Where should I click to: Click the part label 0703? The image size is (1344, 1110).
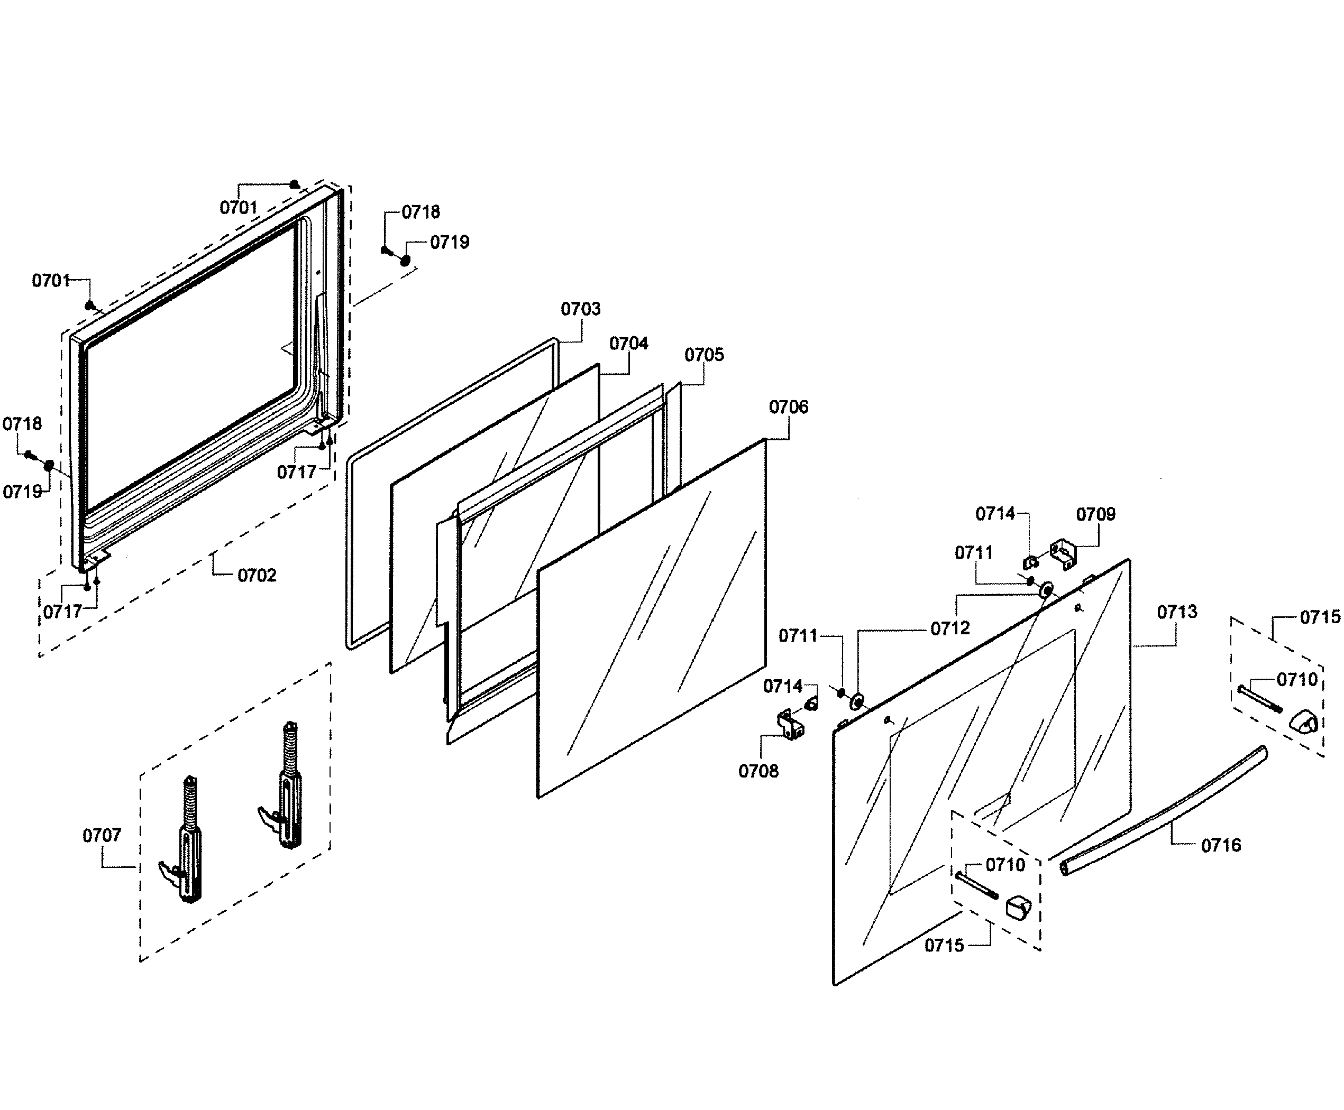(580, 309)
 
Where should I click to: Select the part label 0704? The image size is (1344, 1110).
(628, 344)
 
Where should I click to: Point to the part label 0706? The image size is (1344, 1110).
(788, 408)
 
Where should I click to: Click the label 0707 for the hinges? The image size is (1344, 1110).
(102, 835)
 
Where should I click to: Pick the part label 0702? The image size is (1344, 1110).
(257, 576)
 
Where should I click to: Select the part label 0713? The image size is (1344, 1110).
(1176, 613)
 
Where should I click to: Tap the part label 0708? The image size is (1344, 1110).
(758, 771)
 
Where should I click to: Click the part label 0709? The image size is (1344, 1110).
(1095, 514)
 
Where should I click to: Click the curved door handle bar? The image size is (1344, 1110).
(1164, 812)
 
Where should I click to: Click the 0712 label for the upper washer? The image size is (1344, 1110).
(950, 628)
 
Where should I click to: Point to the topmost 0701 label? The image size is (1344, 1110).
(238, 208)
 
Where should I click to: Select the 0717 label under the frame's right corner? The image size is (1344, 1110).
(296, 473)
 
